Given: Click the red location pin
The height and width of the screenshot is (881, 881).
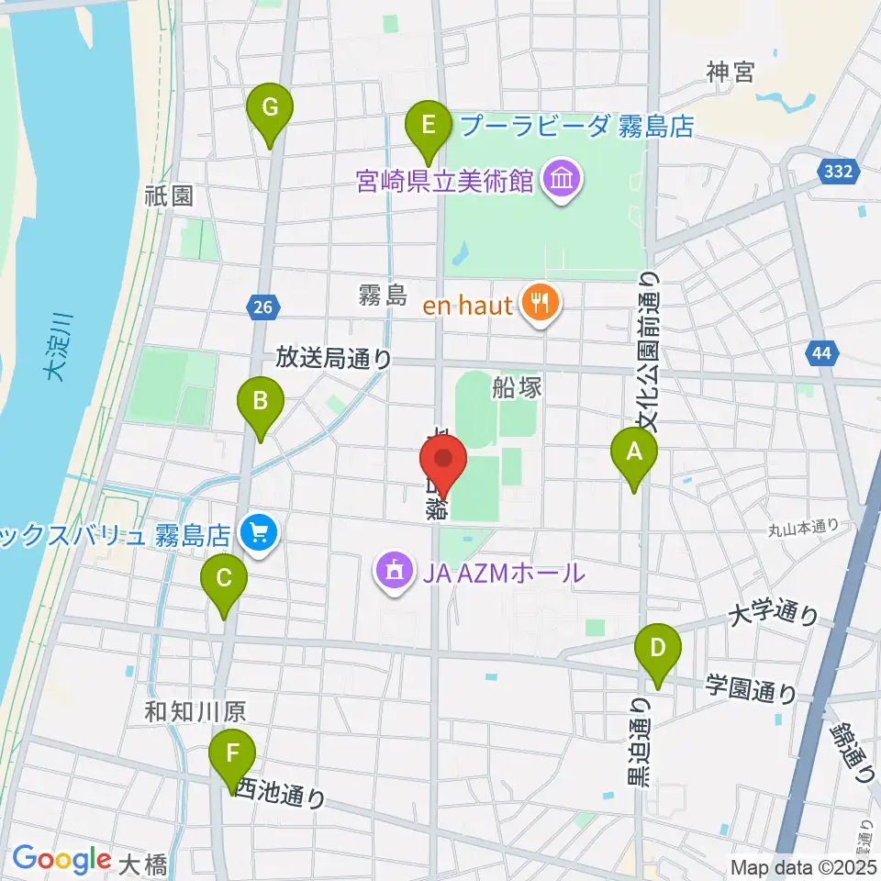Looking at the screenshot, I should click(x=444, y=462).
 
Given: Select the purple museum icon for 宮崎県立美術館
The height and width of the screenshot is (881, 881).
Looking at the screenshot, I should click(x=560, y=181).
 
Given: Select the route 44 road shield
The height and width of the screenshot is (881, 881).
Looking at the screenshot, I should click(x=820, y=351).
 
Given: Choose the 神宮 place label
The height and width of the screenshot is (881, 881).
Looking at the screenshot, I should click(x=730, y=72).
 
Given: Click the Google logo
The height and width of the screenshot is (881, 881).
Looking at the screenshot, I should click(x=61, y=859).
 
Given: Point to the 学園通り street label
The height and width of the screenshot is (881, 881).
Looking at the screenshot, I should click(x=750, y=688).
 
